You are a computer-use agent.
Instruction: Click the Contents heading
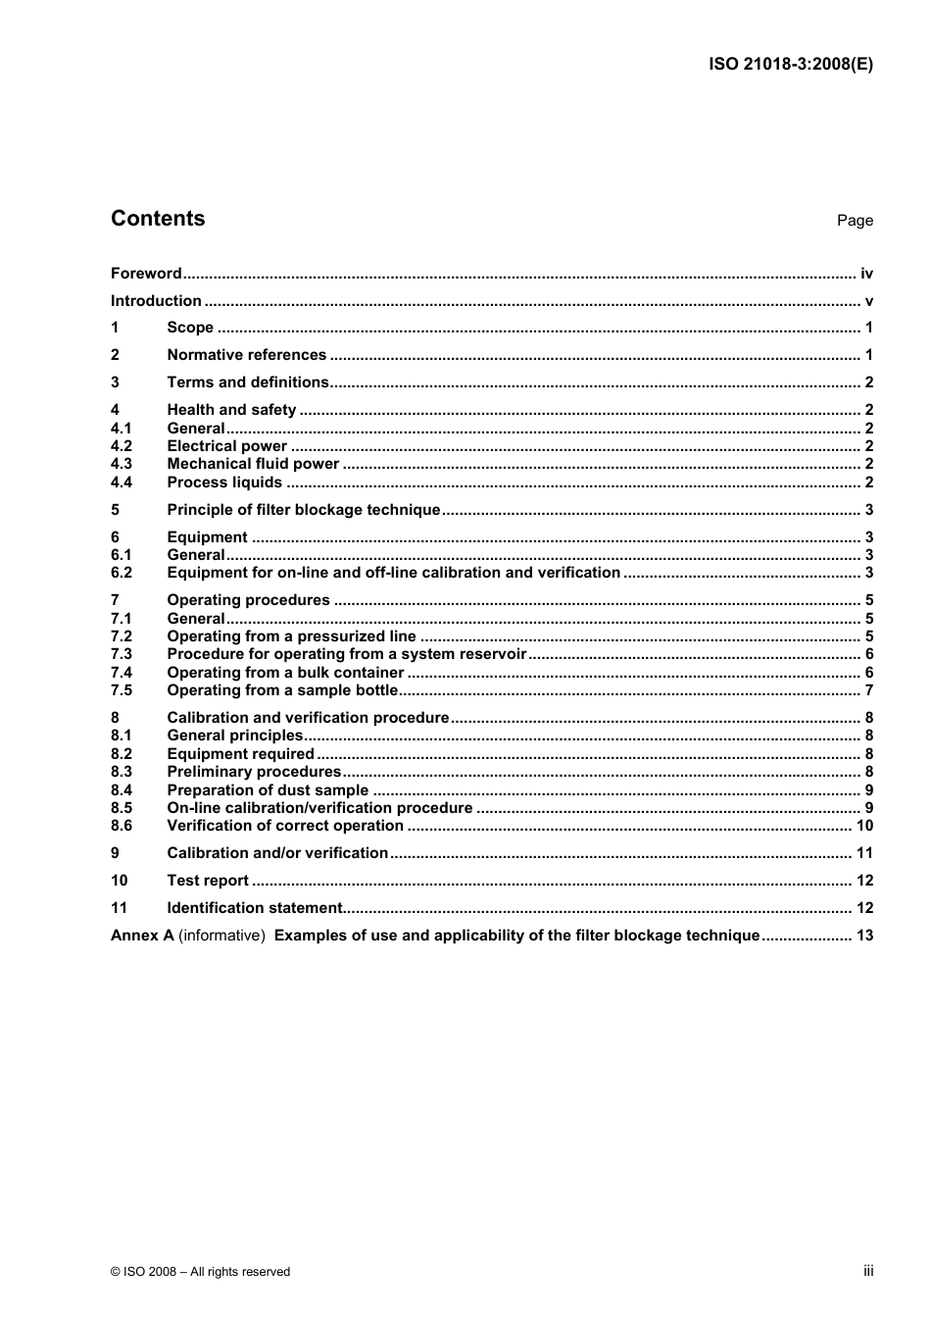(x=158, y=219)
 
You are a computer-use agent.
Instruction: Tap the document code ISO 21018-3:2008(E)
(x=790, y=65)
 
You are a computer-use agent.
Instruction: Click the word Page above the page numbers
(x=855, y=221)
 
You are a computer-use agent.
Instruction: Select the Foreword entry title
(x=146, y=274)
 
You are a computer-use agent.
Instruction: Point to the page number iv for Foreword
(x=866, y=274)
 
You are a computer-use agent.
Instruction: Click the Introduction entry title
(x=156, y=301)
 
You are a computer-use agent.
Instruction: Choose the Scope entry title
(x=190, y=328)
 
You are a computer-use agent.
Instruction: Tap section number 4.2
(x=121, y=446)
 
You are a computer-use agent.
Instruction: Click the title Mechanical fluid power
(x=253, y=464)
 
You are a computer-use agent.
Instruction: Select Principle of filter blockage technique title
(x=304, y=510)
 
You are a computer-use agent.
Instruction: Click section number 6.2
(x=121, y=573)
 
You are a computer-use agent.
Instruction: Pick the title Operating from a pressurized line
(x=291, y=636)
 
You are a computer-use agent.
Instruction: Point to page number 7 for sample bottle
(x=868, y=690)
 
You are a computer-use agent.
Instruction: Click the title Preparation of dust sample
(x=268, y=790)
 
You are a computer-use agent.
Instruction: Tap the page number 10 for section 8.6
(x=864, y=826)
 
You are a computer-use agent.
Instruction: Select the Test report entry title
(x=208, y=881)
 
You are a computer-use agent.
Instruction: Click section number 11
(x=119, y=908)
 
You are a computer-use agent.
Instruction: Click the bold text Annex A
(x=142, y=936)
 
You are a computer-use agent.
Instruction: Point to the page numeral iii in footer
(x=868, y=1271)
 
